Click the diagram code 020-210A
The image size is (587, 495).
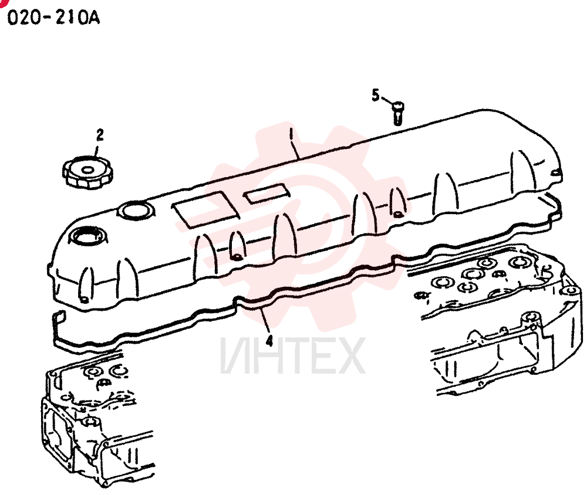click(x=53, y=17)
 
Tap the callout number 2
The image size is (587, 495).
click(x=100, y=135)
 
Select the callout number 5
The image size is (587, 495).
click(x=376, y=95)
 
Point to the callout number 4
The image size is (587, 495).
click(x=269, y=341)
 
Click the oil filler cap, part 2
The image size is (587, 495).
click(x=88, y=172)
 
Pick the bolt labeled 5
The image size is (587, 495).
click(x=397, y=113)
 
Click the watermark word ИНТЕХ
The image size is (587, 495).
click(x=293, y=355)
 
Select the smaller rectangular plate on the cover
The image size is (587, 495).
click(x=267, y=194)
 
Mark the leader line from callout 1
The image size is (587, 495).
click(x=294, y=144)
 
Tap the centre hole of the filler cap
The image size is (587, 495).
click(x=88, y=170)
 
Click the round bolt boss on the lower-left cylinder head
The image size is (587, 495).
click(x=90, y=422)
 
